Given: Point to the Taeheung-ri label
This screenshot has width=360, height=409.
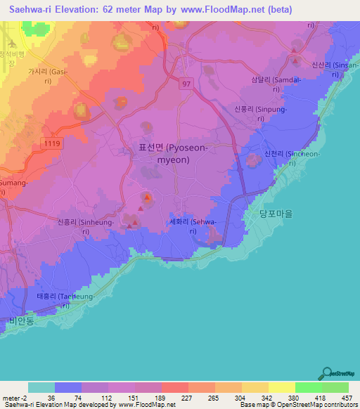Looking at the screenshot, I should (63, 301).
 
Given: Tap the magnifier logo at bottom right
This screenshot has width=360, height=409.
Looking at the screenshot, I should (327, 373).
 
